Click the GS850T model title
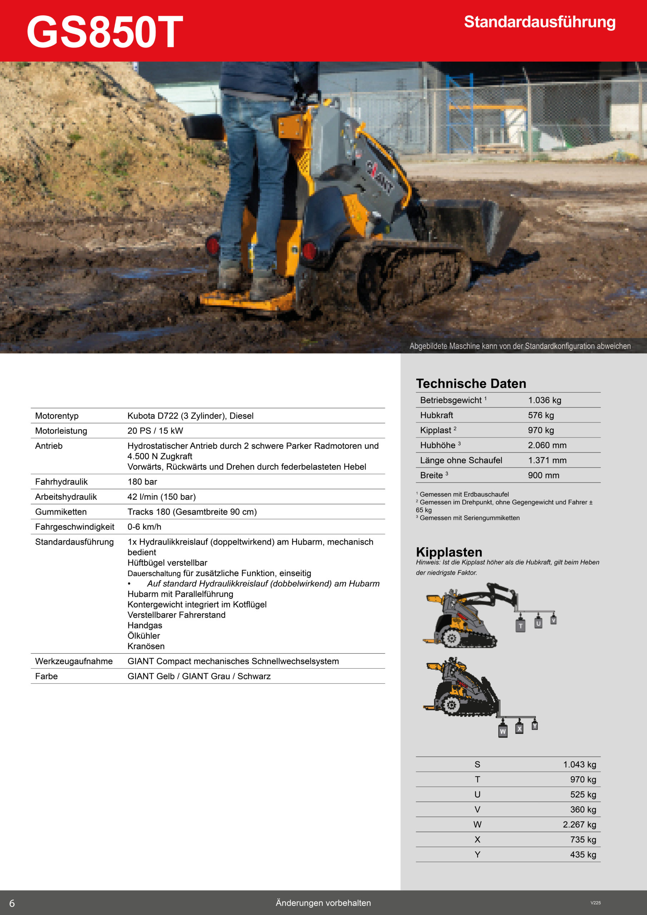click(x=104, y=32)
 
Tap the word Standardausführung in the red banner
click(x=539, y=22)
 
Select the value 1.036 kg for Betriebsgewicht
click(x=544, y=400)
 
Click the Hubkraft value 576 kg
click(x=540, y=415)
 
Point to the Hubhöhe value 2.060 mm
click(x=547, y=445)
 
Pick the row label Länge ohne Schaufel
click(x=461, y=460)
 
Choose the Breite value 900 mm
click(x=543, y=475)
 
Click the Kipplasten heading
click(x=449, y=552)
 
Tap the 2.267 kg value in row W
click(x=579, y=824)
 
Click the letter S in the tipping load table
click(x=477, y=765)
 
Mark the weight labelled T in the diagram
click(x=520, y=626)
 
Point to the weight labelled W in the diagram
click(x=503, y=731)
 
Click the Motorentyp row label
click(x=56, y=416)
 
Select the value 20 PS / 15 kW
click(x=155, y=431)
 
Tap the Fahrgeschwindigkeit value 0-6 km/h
click(x=144, y=527)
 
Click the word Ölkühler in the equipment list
click(x=143, y=635)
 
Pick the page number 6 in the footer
click(x=12, y=903)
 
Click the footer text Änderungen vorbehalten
click(x=323, y=902)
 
